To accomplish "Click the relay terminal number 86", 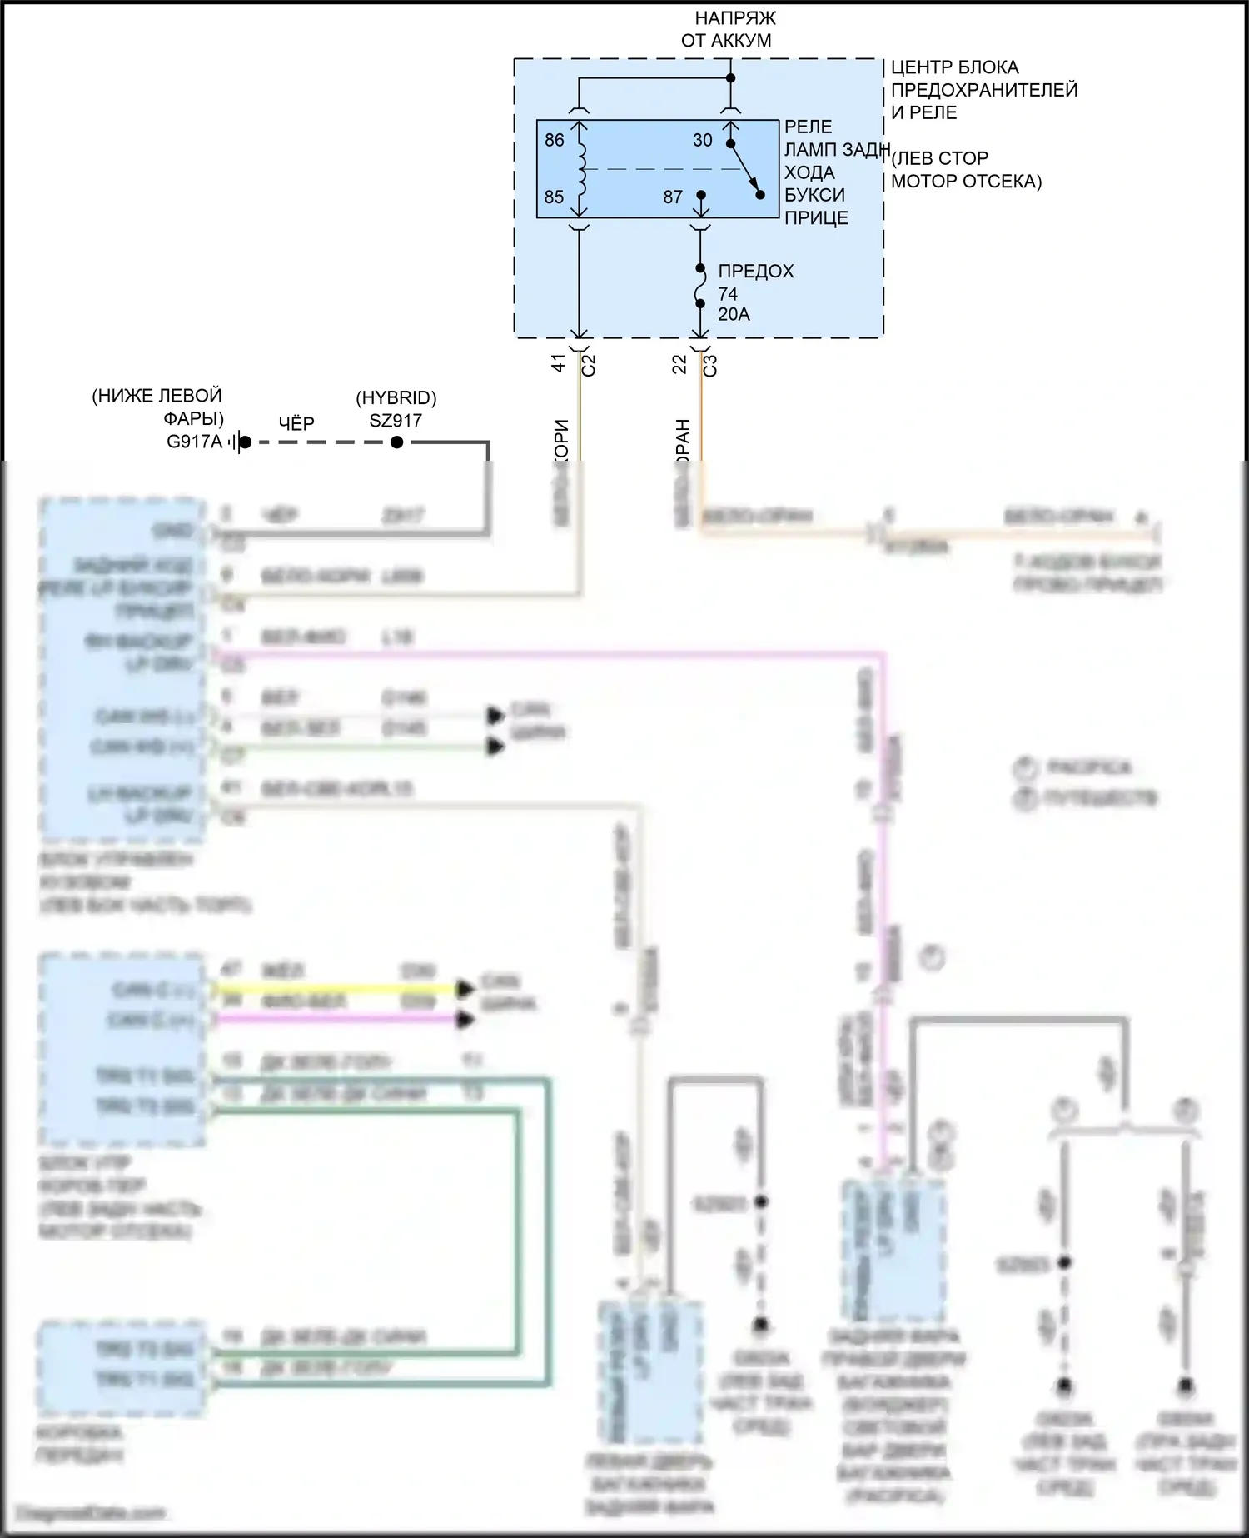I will (x=554, y=140).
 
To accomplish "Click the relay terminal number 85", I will (x=554, y=197).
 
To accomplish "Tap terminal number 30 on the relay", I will (x=703, y=140).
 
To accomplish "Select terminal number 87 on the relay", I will (x=673, y=197).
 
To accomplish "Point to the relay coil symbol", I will (x=580, y=169).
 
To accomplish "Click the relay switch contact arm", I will (x=745, y=170).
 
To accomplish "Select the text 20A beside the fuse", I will (x=734, y=314).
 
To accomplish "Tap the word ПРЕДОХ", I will (x=755, y=271).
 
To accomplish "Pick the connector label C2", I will (x=588, y=365).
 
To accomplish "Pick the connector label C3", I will (x=709, y=365).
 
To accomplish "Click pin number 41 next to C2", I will (x=559, y=363).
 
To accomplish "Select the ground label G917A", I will (x=195, y=442).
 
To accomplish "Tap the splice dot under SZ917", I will (x=397, y=442).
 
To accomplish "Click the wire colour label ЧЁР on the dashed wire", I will (x=296, y=423).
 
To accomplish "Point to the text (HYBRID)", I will (x=396, y=398).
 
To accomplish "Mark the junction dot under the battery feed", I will (x=730, y=78).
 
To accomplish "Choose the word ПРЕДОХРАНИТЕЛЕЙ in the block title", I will (x=983, y=90).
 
